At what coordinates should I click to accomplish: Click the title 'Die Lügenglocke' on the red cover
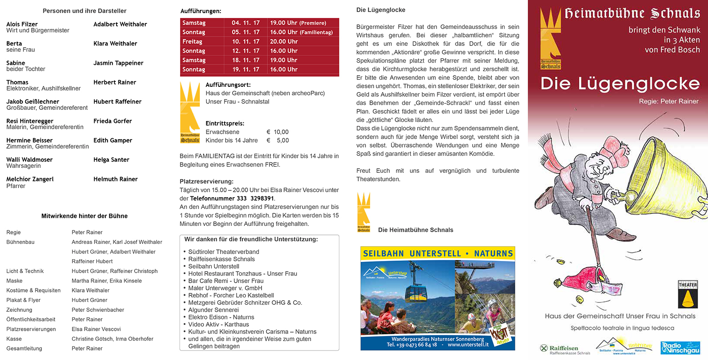pos(620,84)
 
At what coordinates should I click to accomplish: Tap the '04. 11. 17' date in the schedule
pos(245,23)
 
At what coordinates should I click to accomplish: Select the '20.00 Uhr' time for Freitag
pos(284,41)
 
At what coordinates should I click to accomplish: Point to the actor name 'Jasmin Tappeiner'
pos(118,63)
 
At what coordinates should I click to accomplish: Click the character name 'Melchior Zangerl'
pos(30,179)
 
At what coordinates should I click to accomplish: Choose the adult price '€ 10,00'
pos(277,132)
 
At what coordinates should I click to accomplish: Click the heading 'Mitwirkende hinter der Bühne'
pos(84,216)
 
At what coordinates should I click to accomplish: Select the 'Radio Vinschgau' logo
pos(680,348)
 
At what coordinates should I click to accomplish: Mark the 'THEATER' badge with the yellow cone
pos(687,294)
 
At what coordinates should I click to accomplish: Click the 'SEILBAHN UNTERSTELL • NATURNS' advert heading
pos(437,254)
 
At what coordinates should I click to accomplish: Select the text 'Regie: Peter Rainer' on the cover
pos(668,101)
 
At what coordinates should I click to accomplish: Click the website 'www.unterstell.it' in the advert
pos(468,345)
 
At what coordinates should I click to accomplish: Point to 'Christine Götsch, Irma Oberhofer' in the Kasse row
pos(112,339)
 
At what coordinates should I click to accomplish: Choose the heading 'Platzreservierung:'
pos(206,181)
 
